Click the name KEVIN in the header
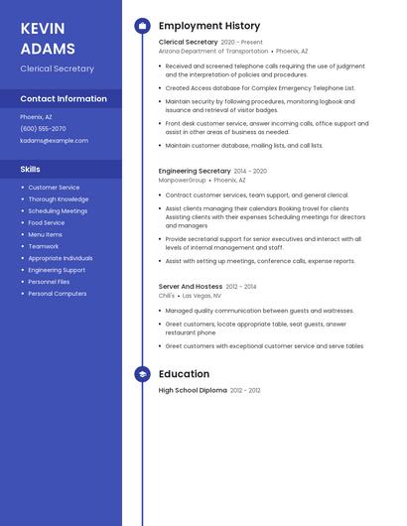click(x=43, y=28)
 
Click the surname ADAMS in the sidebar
click(x=47, y=49)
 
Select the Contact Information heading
click(x=64, y=98)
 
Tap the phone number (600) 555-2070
click(x=43, y=129)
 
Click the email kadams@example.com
click(x=54, y=141)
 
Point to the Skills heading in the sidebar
click(x=31, y=169)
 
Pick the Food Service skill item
click(x=47, y=223)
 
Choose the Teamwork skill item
click(x=44, y=246)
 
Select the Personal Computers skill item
click(x=58, y=294)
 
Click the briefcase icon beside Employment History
click(x=142, y=26)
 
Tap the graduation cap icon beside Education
click(x=142, y=374)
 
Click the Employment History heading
click(x=209, y=26)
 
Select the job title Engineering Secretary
click(x=195, y=171)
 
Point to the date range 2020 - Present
click(x=242, y=43)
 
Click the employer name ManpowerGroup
click(x=183, y=181)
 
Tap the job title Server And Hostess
click(x=191, y=287)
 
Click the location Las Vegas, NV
click(x=203, y=296)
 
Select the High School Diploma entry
click(x=193, y=391)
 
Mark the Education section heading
click(x=184, y=374)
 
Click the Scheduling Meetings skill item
click(x=58, y=211)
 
